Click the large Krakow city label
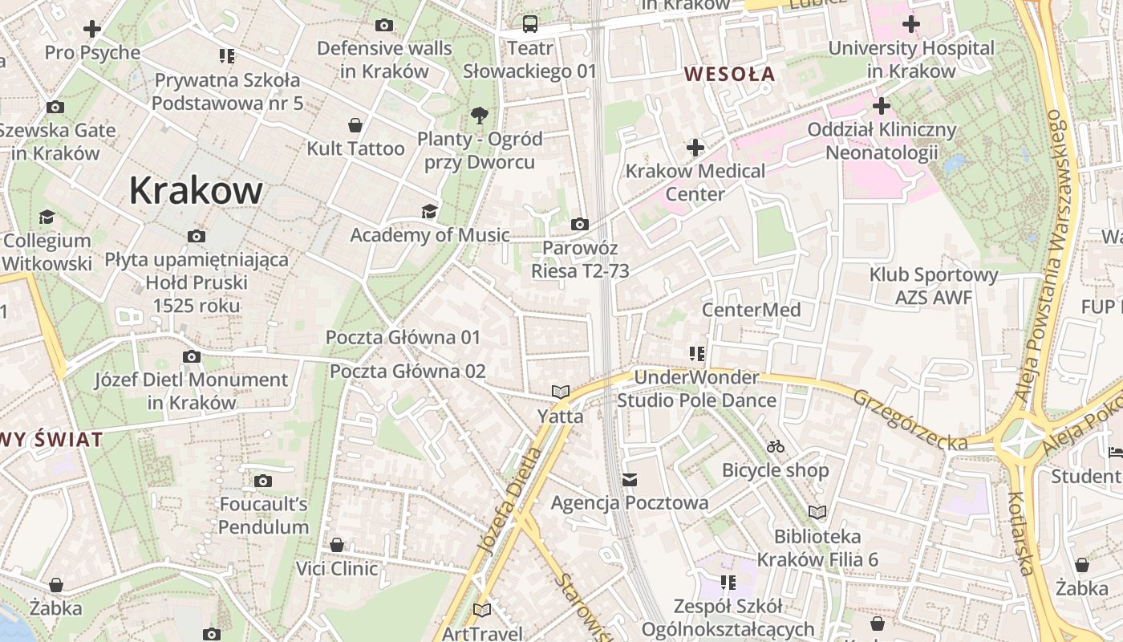click(x=196, y=191)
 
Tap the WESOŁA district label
click(x=729, y=75)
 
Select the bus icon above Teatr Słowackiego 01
click(x=530, y=24)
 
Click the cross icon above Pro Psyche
click(x=92, y=30)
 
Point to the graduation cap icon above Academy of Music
click(x=430, y=211)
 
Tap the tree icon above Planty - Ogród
click(x=480, y=115)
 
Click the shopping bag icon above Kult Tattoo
click(x=355, y=125)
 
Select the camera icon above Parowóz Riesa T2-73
click(x=579, y=224)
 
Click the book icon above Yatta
click(x=560, y=392)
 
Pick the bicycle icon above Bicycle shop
click(x=775, y=446)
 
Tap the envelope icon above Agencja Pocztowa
click(x=630, y=480)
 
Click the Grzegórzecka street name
click(x=910, y=420)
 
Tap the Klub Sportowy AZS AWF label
click(x=934, y=286)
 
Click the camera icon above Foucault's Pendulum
click(x=262, y=481)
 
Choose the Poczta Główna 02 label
click(x=407, y=372)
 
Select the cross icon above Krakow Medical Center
click(x=695, y=148)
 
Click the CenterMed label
click(x=751, y=310)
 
